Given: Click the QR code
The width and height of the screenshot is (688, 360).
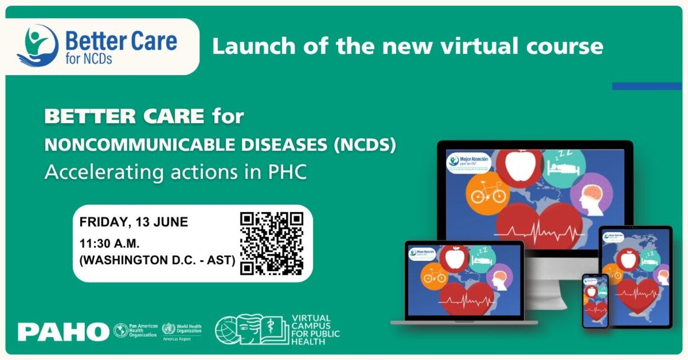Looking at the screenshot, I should click(271, 243).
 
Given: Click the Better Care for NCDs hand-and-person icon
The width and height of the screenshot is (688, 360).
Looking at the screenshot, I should click(38, 46).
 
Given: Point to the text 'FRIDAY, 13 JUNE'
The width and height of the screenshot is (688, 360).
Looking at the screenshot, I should click(134, 222).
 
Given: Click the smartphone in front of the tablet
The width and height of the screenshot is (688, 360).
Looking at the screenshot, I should click(595, 300).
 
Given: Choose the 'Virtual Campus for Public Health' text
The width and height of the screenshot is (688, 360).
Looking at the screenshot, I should click(315, 329).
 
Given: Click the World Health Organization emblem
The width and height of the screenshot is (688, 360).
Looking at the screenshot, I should click(169, 329).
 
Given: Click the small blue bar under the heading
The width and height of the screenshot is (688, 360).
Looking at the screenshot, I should click(646, 86).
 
